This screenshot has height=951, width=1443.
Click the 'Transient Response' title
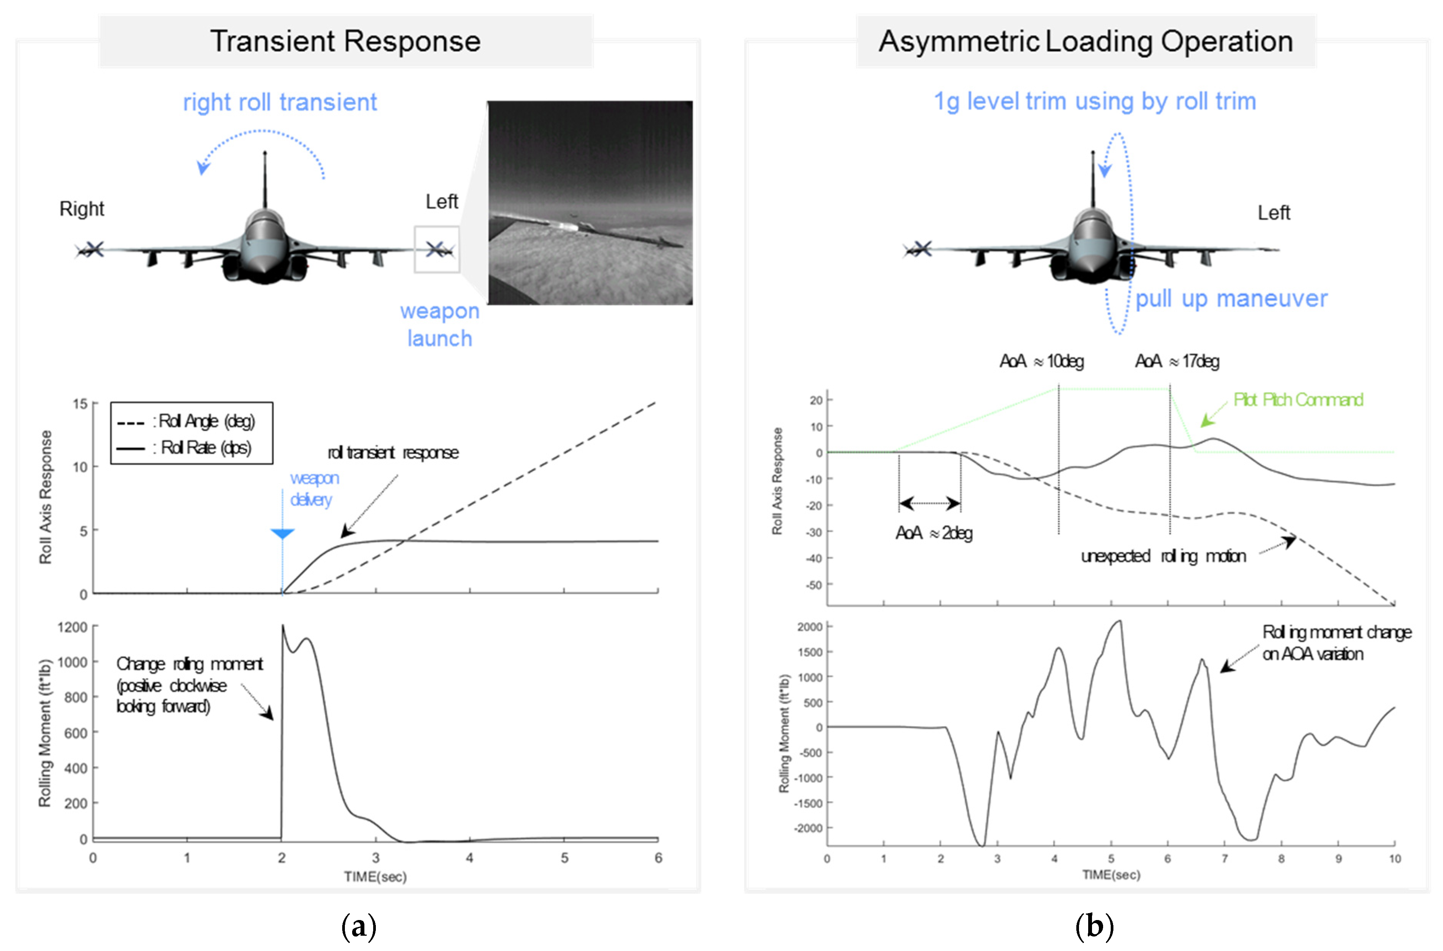click(345, 41)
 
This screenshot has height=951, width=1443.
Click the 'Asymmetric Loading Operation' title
click(1086, 41)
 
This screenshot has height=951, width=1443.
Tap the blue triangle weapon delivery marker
click(282, 534)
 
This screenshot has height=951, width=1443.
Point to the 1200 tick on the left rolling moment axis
click(73, 627)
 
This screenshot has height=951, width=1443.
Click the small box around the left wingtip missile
click(437, 249)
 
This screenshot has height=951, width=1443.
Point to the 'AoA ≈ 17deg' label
click(1177, 362)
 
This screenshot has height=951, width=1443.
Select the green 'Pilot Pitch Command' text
click(1298, 400)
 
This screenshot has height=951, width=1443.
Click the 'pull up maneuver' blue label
click(1231, 299)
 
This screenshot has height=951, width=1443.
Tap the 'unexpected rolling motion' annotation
click(1163, 556)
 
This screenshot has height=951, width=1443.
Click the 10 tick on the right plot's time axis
click(1394, 858)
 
